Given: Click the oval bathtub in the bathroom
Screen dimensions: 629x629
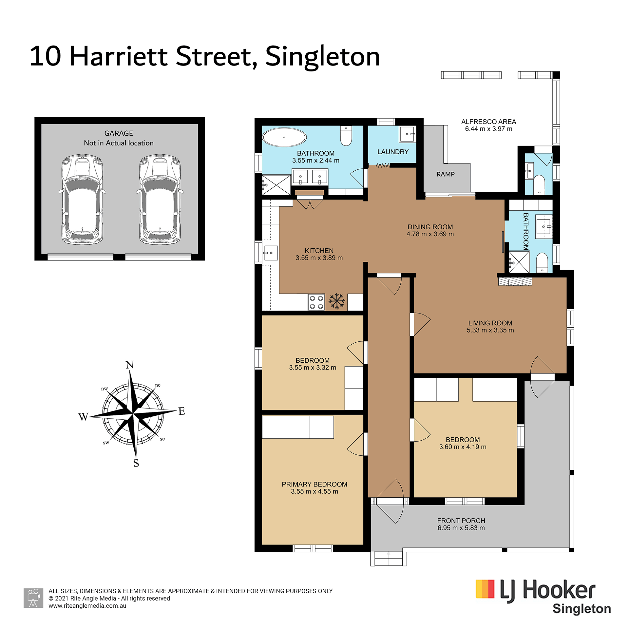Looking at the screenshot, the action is (284, 137).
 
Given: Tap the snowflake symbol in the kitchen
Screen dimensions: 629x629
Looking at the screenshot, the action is (337, 301).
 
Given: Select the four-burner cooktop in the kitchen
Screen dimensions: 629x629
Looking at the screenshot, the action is (316, 302).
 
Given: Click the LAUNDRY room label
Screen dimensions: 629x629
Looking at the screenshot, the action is (393, 152).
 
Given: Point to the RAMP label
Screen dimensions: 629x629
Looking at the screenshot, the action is (446, 174).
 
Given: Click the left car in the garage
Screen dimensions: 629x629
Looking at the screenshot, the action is (82, 200).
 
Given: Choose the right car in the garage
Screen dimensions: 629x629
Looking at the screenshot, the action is (160, 200).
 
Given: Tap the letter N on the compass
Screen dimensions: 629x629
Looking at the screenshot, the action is (130, 365).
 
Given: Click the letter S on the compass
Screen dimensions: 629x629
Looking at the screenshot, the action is (136, 463).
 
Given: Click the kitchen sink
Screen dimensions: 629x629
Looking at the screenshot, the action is (271, 253).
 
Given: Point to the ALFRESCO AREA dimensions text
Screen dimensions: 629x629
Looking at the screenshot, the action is (488, 129).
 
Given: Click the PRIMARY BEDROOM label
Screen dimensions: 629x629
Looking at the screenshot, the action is (314, 484).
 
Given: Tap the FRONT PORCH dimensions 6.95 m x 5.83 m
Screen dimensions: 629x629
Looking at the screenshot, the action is (461, 528).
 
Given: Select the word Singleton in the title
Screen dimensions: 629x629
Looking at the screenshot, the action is (322, 56).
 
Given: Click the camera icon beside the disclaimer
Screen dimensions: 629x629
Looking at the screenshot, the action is (33, 598).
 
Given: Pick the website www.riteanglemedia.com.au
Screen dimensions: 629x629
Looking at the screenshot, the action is (87, 606).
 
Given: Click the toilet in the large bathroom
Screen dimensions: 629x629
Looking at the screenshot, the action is (346, 136).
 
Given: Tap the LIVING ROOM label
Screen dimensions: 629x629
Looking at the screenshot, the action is (490, 323).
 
